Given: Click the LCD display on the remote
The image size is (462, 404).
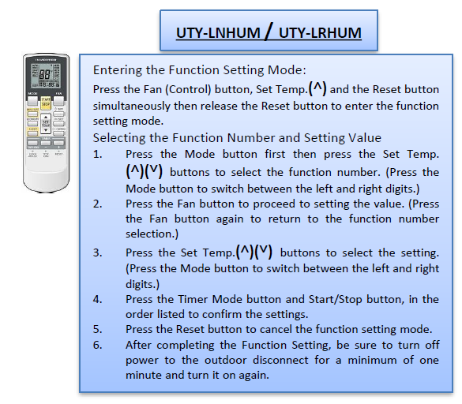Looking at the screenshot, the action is click(46, 75).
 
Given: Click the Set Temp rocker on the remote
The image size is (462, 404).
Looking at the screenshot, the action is click(46, 123).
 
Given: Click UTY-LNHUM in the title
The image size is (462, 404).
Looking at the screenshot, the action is click(218, 32).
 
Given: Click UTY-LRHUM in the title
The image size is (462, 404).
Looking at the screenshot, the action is click(320, 32).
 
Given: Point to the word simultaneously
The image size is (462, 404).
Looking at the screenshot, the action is click(131, 106).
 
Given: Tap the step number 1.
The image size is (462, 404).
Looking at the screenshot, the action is click(97, 154).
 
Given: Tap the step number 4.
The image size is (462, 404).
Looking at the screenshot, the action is click(97, 299).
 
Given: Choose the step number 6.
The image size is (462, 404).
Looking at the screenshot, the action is click(97, 345).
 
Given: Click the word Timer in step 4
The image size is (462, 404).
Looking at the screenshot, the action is click(193, 299).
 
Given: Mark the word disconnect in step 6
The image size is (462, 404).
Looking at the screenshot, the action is click(282, 360).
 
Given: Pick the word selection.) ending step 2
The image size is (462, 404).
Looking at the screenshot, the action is click(152, 234).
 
